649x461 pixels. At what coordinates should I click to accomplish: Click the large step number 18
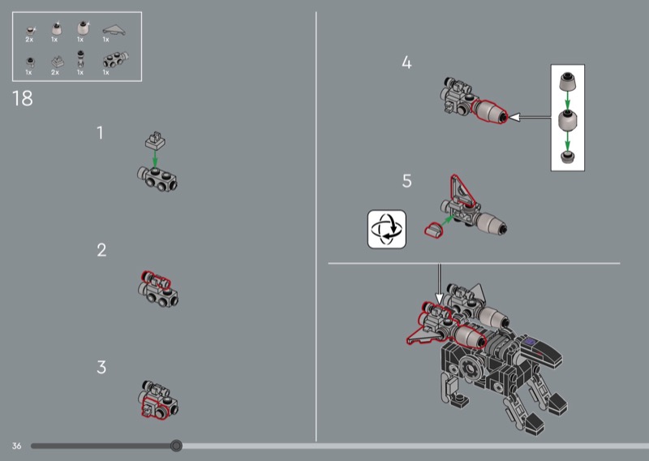tap(23, 98)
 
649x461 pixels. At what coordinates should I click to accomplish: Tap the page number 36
tap(16, 446)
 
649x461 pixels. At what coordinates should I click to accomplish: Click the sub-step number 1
tap(100, 133)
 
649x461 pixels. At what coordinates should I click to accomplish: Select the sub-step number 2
tap(101, 250)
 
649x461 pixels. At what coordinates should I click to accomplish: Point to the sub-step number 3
tap(101, 367)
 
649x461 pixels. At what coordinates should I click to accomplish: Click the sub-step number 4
tap(406, 62)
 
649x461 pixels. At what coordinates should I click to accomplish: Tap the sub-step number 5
tap(407, 181)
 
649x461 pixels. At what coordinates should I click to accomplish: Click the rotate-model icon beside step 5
tap(387, 229)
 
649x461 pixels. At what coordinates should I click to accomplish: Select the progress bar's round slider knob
tap(176, 446)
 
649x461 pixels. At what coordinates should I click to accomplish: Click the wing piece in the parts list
tap(114, 30)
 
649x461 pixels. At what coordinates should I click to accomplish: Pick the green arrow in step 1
tap(155, 158)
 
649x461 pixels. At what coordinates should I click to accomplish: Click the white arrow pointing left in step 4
tap(530, 118)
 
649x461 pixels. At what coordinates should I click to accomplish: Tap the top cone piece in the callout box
tap(567, 82)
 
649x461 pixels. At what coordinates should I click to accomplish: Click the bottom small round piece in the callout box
tap(567, 157)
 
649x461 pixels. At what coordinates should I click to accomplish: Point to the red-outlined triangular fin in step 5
tap(462, 192)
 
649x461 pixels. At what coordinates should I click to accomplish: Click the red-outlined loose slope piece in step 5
tap(434, 230)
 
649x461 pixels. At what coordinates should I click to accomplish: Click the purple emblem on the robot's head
tap(531, 343)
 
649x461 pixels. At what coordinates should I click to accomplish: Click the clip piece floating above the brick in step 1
tap(155, 140)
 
